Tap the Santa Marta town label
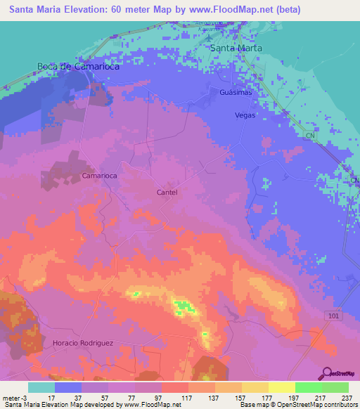[x=237, y=48]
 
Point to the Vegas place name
[x=245, y=115]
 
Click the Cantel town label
[x=167, y=192]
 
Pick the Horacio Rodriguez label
[x=83, y=342]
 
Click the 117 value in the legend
[x=188, y=398]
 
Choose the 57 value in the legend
[x=108, y=398]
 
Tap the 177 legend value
[x=267, y=398]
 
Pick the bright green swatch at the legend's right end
[x=335, y=387]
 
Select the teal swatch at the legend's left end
[x=41, y=387]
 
